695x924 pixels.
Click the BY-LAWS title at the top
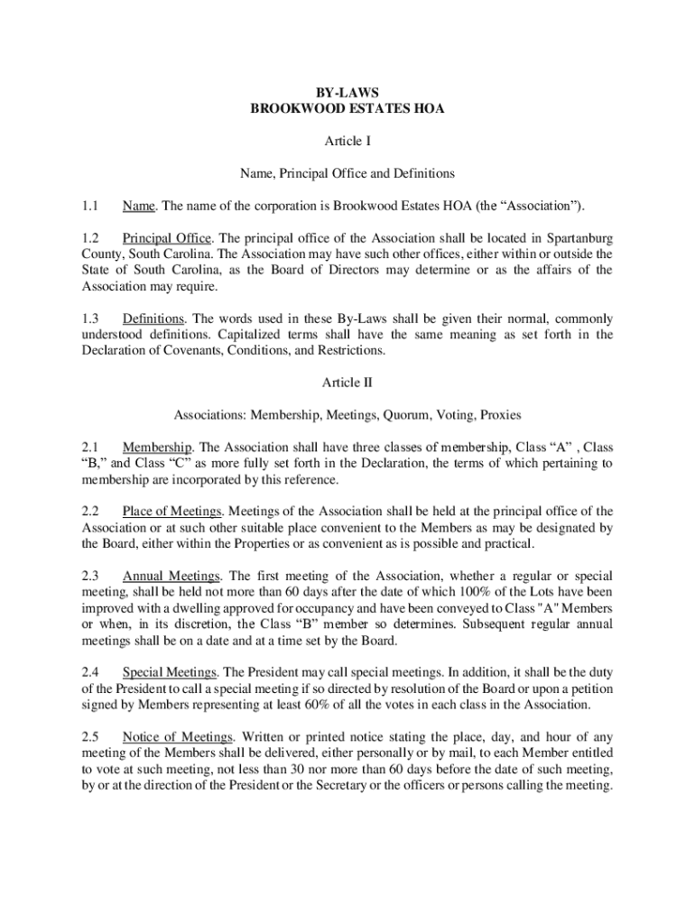[347, 92]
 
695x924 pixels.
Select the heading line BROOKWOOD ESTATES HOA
[347, 108]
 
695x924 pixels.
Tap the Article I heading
[347, 141]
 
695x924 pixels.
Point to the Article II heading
[347, 383]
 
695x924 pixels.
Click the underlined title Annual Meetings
[171, 576]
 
